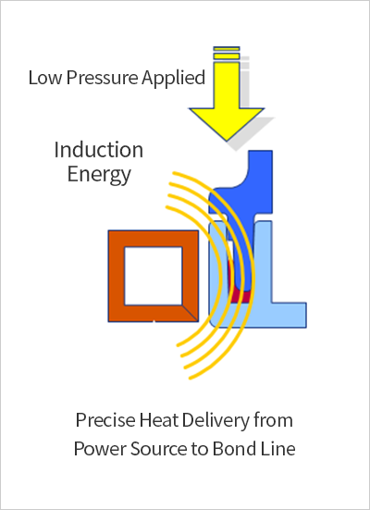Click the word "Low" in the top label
pyautogui.click(x=45, y=78)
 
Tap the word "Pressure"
pyautogui.click(x=102, y=78)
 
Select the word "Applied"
pyautogui.click(x=174, y=79)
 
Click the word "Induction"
pyautogui.click(x=99, y=150)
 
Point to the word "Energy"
pyautogui.click(x=99, y=175)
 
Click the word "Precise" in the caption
pyautogui.click(x=105, y=420)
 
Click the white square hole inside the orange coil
pyautogui.click(x=154, y=276)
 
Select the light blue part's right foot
pyautogui.click(x=289, y=315)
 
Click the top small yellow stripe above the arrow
pyautogui.click(x=227, y=49)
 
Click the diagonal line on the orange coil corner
pyautogui.click(x=190, y=313)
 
